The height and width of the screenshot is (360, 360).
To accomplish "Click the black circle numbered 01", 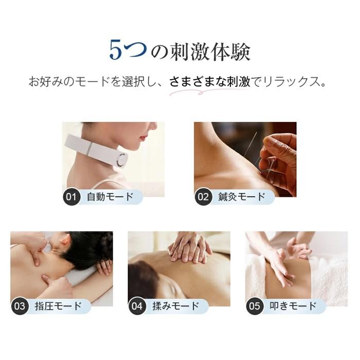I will click(71, 196).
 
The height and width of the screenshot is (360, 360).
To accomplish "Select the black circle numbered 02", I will click(204, 196).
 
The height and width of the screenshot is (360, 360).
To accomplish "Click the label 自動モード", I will click(110, 196).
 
